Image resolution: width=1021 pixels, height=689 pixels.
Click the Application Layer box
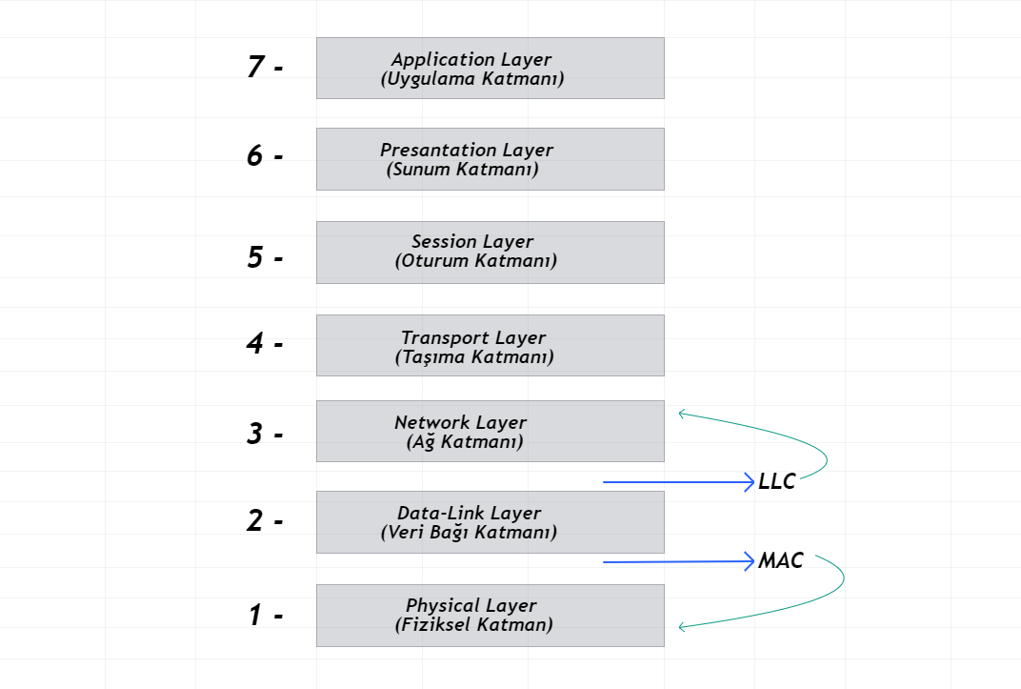(x=490, y=68)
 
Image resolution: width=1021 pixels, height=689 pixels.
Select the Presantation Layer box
(x=490, y=159)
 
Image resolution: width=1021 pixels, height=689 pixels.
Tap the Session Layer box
(x=490, y=252)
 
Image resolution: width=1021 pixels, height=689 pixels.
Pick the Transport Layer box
(x=490, y=346)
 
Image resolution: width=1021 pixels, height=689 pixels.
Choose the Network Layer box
(x=490, y=431)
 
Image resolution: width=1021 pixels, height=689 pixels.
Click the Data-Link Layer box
(x=490, y=521)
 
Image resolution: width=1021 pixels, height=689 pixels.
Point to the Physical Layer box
(x=490, y=615)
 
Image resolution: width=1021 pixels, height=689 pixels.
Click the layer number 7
(x=255, y=68)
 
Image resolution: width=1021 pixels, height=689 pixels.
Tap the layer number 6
(x=255, y=155)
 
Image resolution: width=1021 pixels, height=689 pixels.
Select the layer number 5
(x=255, y=257)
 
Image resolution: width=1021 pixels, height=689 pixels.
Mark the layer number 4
(x=255, y=343)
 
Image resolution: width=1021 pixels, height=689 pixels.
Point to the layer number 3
(x=255, y=435)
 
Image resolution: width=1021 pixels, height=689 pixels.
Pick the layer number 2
(x=255, y=521)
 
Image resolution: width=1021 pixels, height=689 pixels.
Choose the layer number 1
(x=255, y=616)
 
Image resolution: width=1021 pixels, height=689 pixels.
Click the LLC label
(x=777, y=482)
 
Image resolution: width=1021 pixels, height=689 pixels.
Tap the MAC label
(x=781, y=561)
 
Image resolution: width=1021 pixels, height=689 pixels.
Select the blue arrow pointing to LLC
(x=678, y=482)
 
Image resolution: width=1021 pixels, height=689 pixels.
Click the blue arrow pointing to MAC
(x=678, y=562)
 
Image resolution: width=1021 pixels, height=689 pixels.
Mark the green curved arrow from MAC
(x=842, y=580)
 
